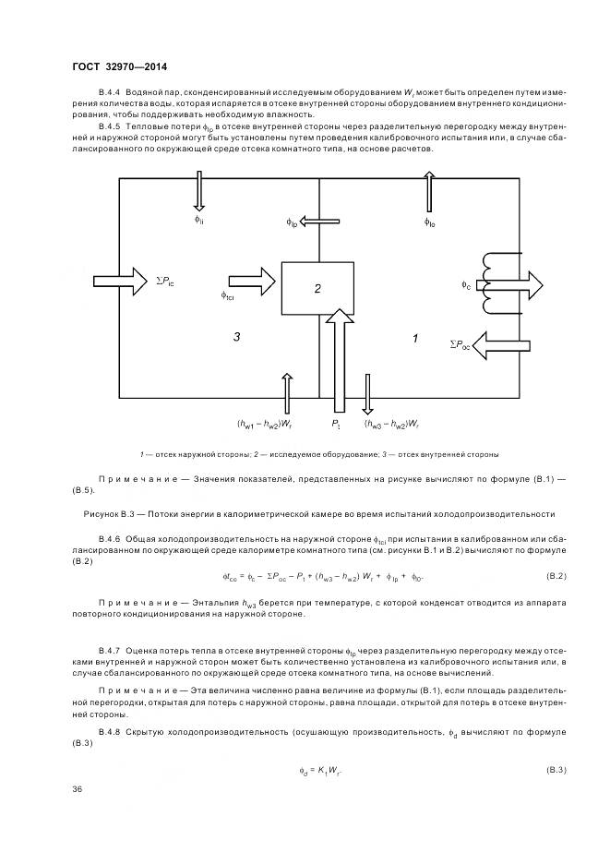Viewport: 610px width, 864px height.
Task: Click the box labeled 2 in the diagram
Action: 317,289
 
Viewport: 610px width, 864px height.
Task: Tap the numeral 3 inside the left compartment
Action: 237,339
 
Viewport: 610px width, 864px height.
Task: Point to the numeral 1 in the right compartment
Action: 414,340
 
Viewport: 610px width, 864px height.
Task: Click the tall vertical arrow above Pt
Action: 339,360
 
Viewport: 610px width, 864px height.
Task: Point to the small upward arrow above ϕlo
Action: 428,191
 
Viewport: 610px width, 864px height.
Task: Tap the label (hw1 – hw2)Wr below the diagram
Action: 264,425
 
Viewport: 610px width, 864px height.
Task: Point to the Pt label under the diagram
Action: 337,425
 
